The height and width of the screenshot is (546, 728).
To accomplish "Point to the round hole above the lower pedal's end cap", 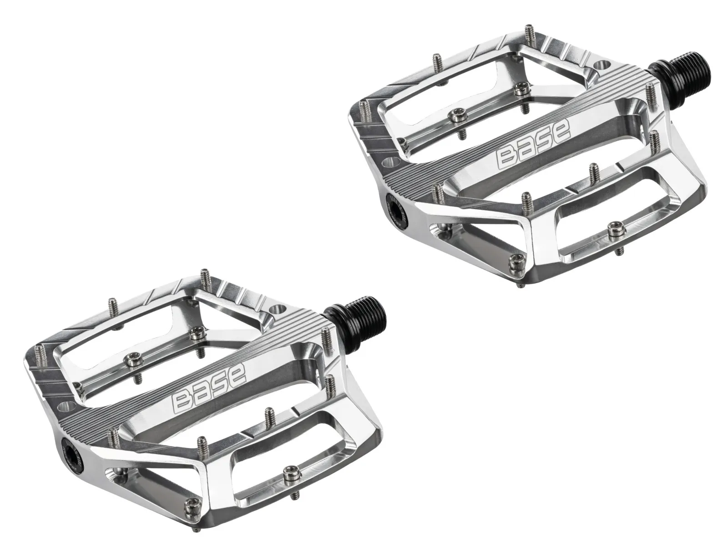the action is click(x=65, y=406).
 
